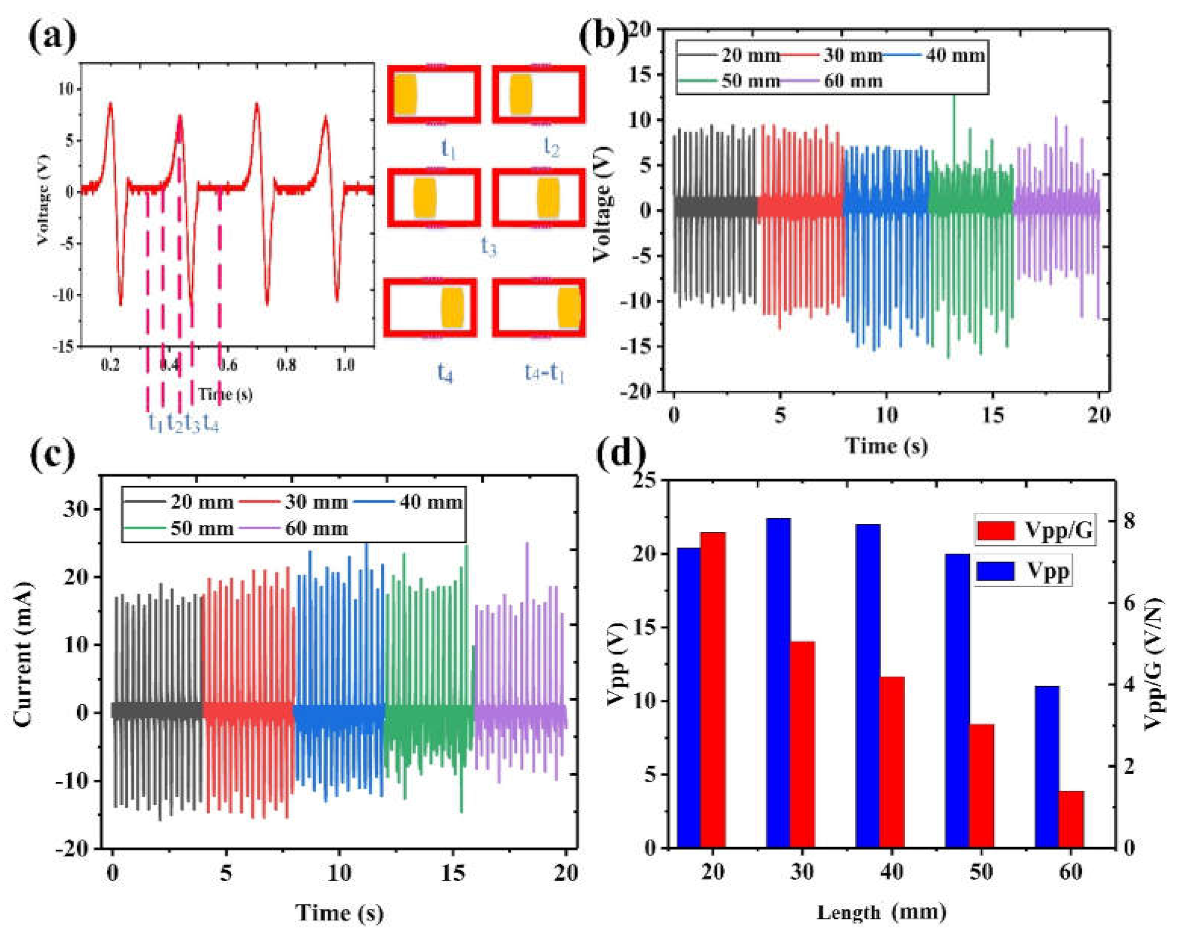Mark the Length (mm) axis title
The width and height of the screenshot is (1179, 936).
882,912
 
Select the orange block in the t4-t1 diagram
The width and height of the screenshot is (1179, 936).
569,307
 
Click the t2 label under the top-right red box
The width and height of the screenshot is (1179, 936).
551,147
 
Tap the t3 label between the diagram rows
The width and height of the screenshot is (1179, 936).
489,247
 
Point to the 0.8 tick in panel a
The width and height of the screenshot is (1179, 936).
287,365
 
